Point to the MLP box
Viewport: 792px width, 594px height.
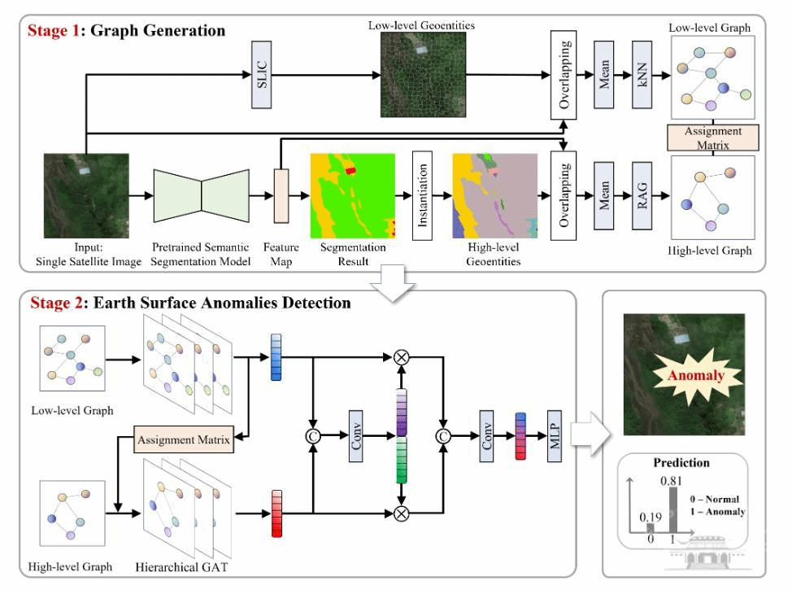tap(556, 437)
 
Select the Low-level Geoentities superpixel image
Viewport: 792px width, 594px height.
tap(420, 72)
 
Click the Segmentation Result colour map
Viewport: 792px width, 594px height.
tap(352, 194)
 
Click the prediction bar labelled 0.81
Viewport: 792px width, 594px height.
tap(672, 512)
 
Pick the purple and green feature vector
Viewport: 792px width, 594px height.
tap(401, 436)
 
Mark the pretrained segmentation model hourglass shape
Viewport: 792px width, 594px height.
tap(202, 195)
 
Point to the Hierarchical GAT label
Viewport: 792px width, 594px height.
tap(179, 565)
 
